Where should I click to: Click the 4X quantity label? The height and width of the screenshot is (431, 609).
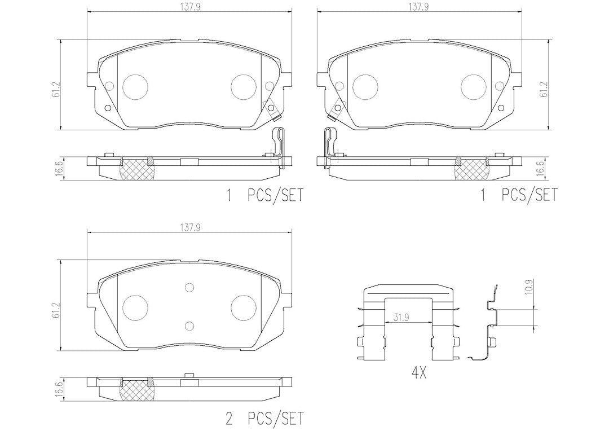pyautogui.click(x=418, y=374)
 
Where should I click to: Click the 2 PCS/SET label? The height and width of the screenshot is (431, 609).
pyautogui.click(x=264, y=419)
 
